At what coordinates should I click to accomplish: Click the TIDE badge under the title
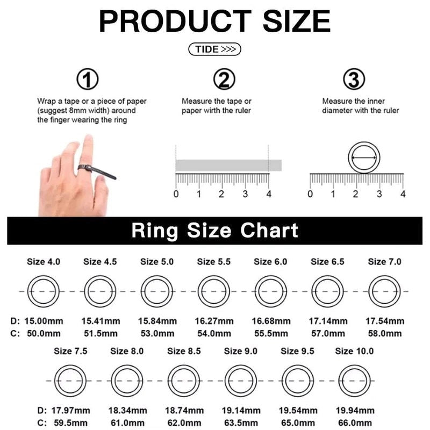pos(215,49)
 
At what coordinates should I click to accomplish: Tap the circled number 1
pos(88,80)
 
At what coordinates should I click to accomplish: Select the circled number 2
pos(224,80)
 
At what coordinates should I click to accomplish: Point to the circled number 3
pos(354,80)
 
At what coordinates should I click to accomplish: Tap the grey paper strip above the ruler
pos(228,165)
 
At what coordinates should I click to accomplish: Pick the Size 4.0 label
pos(44,262)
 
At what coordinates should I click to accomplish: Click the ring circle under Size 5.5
pos(213,291)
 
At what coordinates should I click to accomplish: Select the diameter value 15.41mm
pos(101,321)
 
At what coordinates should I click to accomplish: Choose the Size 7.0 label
pos(384,262)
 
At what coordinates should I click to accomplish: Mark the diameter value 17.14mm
pos(328,321)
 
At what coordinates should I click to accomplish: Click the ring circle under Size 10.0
pos(354,380)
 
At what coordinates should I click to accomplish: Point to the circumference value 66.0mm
pos(355,423)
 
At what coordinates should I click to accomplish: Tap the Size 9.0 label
pos(240,351)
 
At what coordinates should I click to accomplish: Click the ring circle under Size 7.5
pos(70,380)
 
